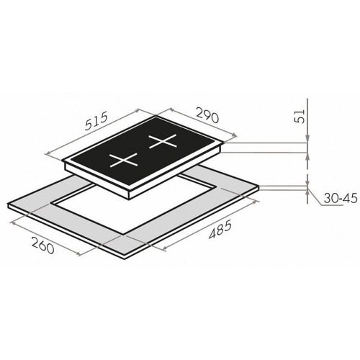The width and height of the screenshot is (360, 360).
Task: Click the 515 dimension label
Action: coord(96,122)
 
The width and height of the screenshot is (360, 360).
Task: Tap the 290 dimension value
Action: coord(207,115)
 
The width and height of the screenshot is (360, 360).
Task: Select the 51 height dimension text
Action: coord(300,117)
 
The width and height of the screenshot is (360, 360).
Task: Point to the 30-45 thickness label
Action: coord(341,199)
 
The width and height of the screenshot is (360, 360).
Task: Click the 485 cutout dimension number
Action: coord(220,230)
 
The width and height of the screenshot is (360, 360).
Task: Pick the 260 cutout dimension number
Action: coord(42,246)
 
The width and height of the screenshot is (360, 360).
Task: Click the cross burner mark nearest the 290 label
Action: coord(163,141)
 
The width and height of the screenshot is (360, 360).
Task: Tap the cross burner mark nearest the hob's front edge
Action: coord(124,160)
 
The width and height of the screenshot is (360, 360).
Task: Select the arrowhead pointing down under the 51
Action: coord(307,139)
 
